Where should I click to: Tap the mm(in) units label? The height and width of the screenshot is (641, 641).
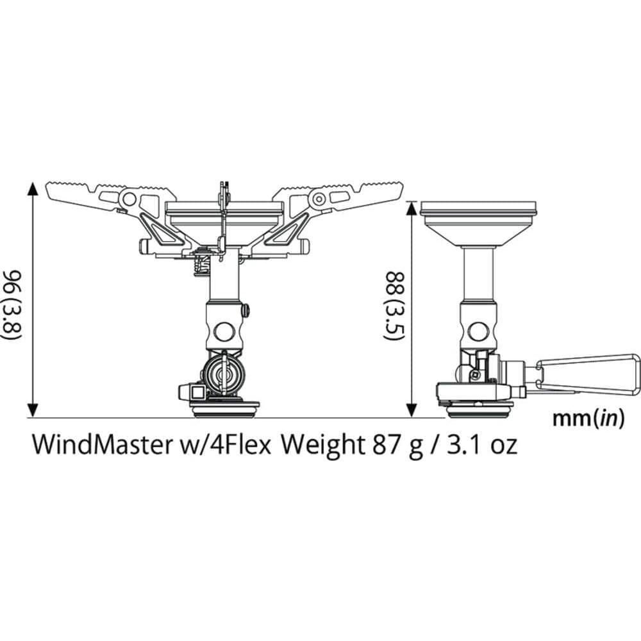click(588, 419)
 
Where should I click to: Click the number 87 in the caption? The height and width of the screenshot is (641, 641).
click(383, 444)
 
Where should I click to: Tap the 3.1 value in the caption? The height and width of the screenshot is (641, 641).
click(465, 444)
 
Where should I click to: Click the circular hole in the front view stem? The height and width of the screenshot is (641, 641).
click(224, 331)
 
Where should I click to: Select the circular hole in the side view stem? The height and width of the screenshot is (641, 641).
click(478, 331)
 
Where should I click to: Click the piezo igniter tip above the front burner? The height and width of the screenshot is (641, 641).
click(223, 187)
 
